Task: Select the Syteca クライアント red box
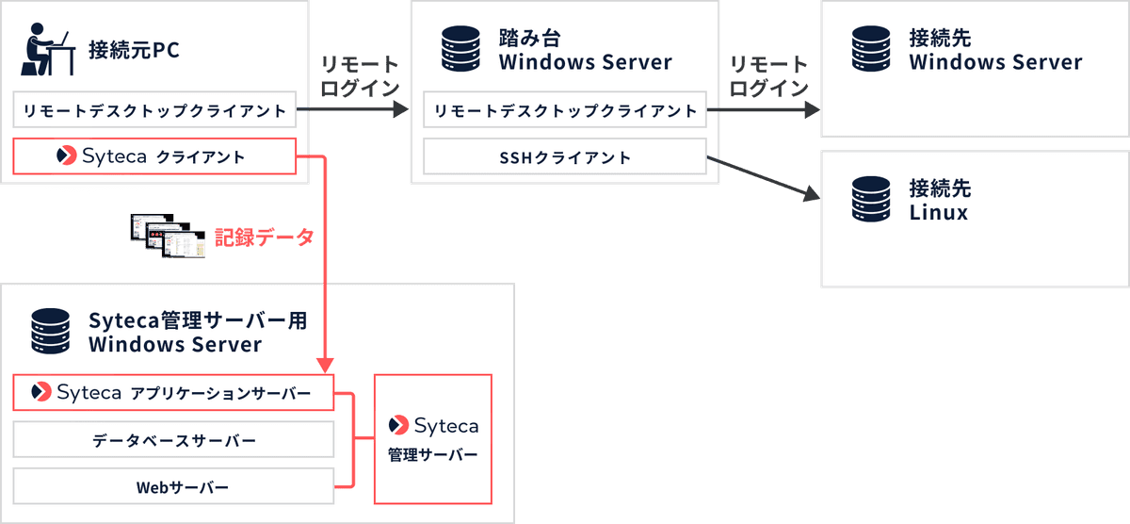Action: point(154,156)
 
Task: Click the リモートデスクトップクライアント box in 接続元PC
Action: point(154,110)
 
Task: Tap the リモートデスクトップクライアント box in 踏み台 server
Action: point(565,110)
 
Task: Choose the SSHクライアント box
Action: point(565,157)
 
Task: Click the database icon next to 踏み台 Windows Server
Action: point(460,51)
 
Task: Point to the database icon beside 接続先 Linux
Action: point(870,199)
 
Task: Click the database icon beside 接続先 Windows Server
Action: point(870,51)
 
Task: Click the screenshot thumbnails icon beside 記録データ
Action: point(169,237)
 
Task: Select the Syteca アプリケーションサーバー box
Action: point(173,392)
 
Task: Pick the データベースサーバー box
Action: point(173,440)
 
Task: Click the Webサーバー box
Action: point(173,487)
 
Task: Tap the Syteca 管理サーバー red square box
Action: point(433,439)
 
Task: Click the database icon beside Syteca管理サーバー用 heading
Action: point(51,331)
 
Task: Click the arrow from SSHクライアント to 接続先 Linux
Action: point(763,179)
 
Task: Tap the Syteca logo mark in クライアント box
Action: point(67,156)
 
